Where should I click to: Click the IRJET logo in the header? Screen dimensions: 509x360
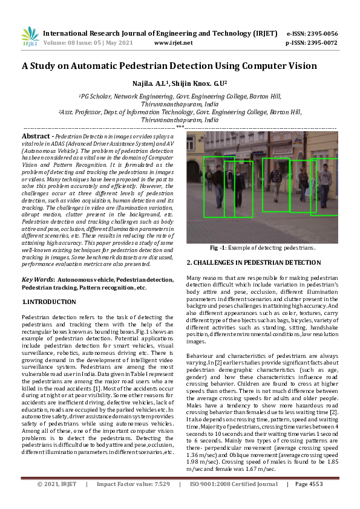[30, 37]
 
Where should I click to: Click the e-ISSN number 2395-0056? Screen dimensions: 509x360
[320, 33]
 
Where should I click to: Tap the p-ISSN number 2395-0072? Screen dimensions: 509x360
[320, 43]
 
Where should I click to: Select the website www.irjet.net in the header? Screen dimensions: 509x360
[174, 43]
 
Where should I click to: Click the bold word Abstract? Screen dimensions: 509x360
[36, 137]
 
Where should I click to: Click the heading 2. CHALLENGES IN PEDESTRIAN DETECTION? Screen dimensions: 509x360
[254, 262]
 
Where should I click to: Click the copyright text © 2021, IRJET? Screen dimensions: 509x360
[57, 501]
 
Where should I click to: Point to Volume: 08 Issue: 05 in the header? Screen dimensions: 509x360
[73, 43]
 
